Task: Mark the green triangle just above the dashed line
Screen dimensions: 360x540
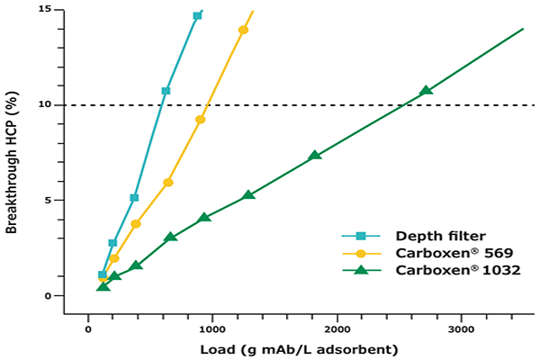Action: [x=426, y=91]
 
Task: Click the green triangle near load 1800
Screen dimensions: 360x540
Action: [x=314, y=156]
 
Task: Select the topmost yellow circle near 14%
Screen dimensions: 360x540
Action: [x=243, y=30]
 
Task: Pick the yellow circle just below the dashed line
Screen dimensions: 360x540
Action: [x=200, y=119]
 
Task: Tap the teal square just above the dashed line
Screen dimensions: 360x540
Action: [x=166, y=91]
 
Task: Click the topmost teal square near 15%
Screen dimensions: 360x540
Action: [x=197, y=15]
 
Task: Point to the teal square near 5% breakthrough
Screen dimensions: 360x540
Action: [x=134, y=198]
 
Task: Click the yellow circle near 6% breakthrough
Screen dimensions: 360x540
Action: [x=168, y=183]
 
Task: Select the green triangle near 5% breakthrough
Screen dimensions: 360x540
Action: [x=248, y=195]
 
